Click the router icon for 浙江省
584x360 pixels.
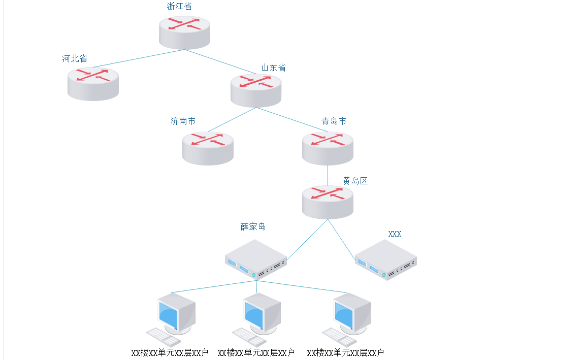click(x=184, y=32)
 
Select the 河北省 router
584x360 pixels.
click(x=93, y=84)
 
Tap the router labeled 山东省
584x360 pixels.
click(x=256, y=90)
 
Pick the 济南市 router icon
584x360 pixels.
click(x=208, y=148)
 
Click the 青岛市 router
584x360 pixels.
click(x=328, y=148)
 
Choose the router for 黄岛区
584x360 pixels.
click(x=328, y=202)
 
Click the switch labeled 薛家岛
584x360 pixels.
click(x=256, y=260)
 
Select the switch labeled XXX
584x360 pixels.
click(x=386, y=260)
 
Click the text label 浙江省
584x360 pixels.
click(x=179, y=7)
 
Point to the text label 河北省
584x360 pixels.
click(x=75, y=59)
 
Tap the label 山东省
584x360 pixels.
click(x=273, y=68)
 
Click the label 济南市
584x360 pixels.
click(x=183, y=121)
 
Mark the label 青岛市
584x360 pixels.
click(x=334, y=121)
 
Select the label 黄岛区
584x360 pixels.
click(x=355, y=181)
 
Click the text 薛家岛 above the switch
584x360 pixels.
click(x=253, y=226)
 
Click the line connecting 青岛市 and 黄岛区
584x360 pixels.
click(x=328, y=175)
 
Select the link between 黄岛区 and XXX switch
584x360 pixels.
click(x=341, y=240)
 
